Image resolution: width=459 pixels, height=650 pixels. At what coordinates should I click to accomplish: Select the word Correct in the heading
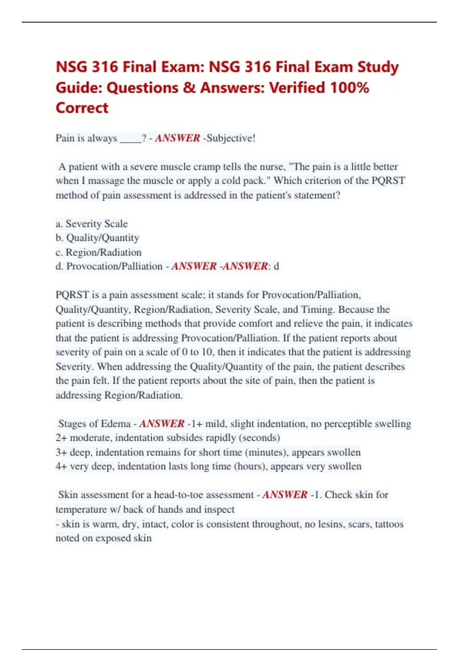(x=82, y=108)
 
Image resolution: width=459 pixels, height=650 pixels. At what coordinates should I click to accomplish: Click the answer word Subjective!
(x=231, y=138)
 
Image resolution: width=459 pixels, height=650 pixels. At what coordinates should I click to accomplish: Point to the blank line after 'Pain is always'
(x=130, y=139)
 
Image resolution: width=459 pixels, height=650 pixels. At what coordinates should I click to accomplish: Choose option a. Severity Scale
(x=92, y=224)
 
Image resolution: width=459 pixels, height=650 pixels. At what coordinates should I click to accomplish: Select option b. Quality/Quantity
(x=98, y=238)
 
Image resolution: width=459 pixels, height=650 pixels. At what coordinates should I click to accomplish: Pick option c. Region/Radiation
(x=99, y=252)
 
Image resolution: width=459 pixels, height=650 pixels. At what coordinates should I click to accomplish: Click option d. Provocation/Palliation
(x=109, y=266)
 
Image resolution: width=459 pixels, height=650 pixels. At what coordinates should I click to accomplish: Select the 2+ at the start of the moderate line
(x=61, y=438)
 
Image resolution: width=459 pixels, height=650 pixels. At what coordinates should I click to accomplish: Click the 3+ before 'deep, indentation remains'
(x=61, y=452)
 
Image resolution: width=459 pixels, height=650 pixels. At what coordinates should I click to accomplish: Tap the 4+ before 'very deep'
(x=61, y=466)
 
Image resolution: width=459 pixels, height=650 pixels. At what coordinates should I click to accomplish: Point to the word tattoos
(x=389, y=524)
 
